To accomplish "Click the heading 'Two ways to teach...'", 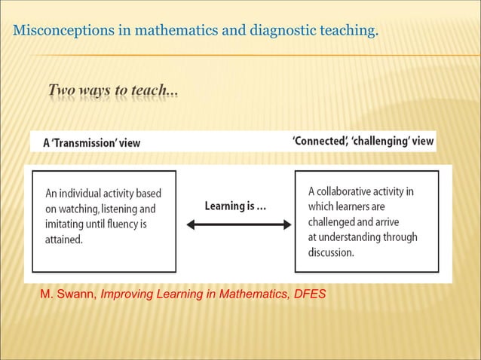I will (113, 91).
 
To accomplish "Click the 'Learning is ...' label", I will (235, 206).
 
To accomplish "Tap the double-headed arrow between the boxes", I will (238, 224).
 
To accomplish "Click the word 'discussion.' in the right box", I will (331, 253).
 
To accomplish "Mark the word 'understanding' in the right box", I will (354, 238).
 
